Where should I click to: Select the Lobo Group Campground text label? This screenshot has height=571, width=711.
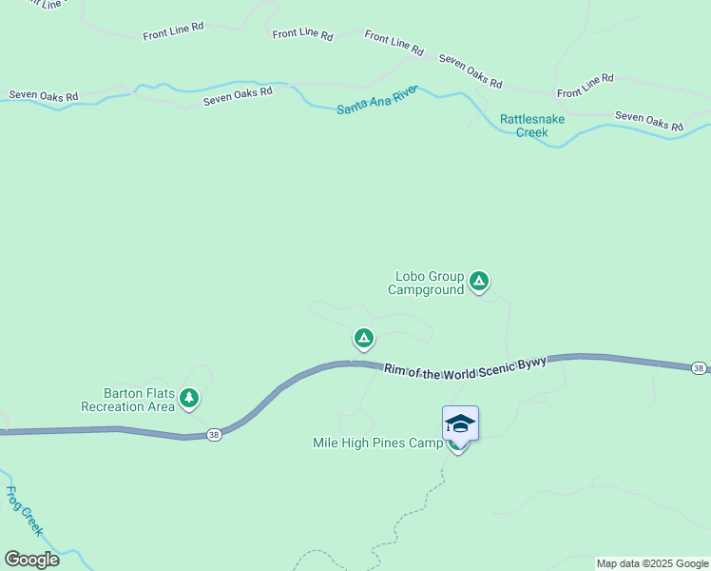tap(426, 283)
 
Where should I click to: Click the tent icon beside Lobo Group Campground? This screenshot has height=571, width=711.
tap(480, 281)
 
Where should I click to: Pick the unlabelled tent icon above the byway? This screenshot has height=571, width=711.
tap(363, 338)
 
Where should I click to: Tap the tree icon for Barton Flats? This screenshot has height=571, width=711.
tap(190, 397)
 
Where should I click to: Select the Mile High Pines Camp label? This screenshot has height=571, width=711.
tap(377, 443)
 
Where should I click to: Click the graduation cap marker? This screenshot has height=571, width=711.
tap(460, 423)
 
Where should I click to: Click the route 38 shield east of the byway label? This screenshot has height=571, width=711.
tap(699, 368)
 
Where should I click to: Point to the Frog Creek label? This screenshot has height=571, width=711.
tap(23, 512)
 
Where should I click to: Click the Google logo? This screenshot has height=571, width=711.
tap(31, 560)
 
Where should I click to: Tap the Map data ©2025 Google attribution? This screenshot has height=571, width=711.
tap(652, 563)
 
